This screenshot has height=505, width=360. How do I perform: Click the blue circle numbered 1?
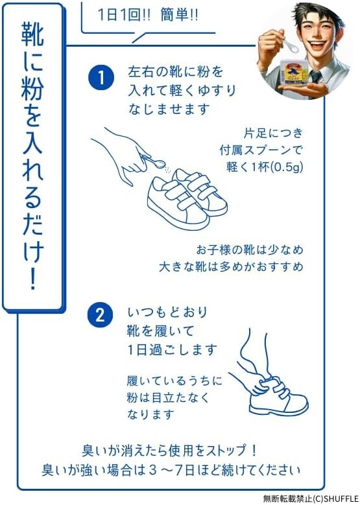tap(101, 78)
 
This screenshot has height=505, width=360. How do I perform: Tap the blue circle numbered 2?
tap(101, 314)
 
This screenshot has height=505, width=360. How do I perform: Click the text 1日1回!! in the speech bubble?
tap(124, 16)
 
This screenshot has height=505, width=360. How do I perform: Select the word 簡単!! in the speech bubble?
tap(179, 16)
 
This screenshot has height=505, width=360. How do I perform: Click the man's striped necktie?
tap(316, 76)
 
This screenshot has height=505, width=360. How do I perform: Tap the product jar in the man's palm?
tap(295, 73)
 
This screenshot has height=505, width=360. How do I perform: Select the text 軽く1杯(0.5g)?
tap(264, 167)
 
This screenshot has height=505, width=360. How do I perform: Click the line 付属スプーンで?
tap(261, 150)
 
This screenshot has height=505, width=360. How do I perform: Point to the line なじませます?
tap(169, 109)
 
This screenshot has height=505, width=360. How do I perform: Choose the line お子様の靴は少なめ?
tap(250, 250)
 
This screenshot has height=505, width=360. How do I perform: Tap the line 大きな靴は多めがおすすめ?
tap(231, 267)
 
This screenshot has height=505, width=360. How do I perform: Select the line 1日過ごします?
tap(172, 349)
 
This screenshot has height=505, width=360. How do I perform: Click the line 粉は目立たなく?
tap(168, 397)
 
